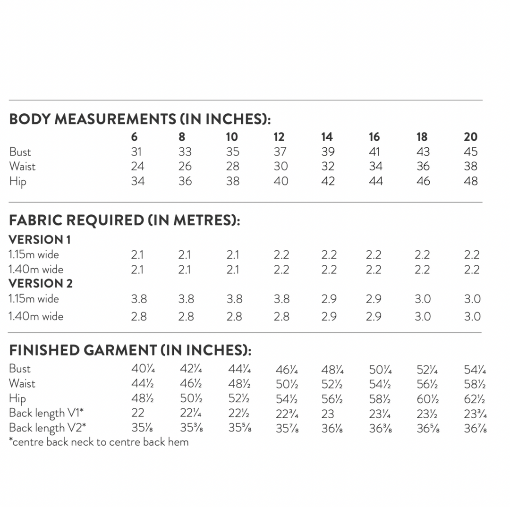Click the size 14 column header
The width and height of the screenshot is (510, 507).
327,137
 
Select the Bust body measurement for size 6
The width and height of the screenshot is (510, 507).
137,152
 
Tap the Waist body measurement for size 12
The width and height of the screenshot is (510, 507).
280,166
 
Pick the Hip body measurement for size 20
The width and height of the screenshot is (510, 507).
471,181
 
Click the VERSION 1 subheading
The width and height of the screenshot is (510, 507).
40,240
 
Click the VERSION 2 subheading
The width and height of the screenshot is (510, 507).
41,284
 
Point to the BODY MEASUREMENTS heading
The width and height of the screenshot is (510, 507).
140,119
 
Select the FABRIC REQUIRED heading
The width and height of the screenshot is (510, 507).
125,220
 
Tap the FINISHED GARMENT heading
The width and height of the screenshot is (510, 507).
130,350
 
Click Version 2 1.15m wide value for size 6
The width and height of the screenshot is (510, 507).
139,299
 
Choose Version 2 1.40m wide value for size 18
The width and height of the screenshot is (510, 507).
423,316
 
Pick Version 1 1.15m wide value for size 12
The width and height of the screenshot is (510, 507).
281,255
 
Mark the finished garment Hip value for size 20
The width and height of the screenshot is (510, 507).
475,399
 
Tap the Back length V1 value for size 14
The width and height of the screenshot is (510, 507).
327,414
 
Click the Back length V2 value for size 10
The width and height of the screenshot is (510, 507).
239,429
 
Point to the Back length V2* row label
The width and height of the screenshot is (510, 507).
47,428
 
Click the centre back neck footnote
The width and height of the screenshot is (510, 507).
99,442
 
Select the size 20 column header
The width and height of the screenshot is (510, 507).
471,137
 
